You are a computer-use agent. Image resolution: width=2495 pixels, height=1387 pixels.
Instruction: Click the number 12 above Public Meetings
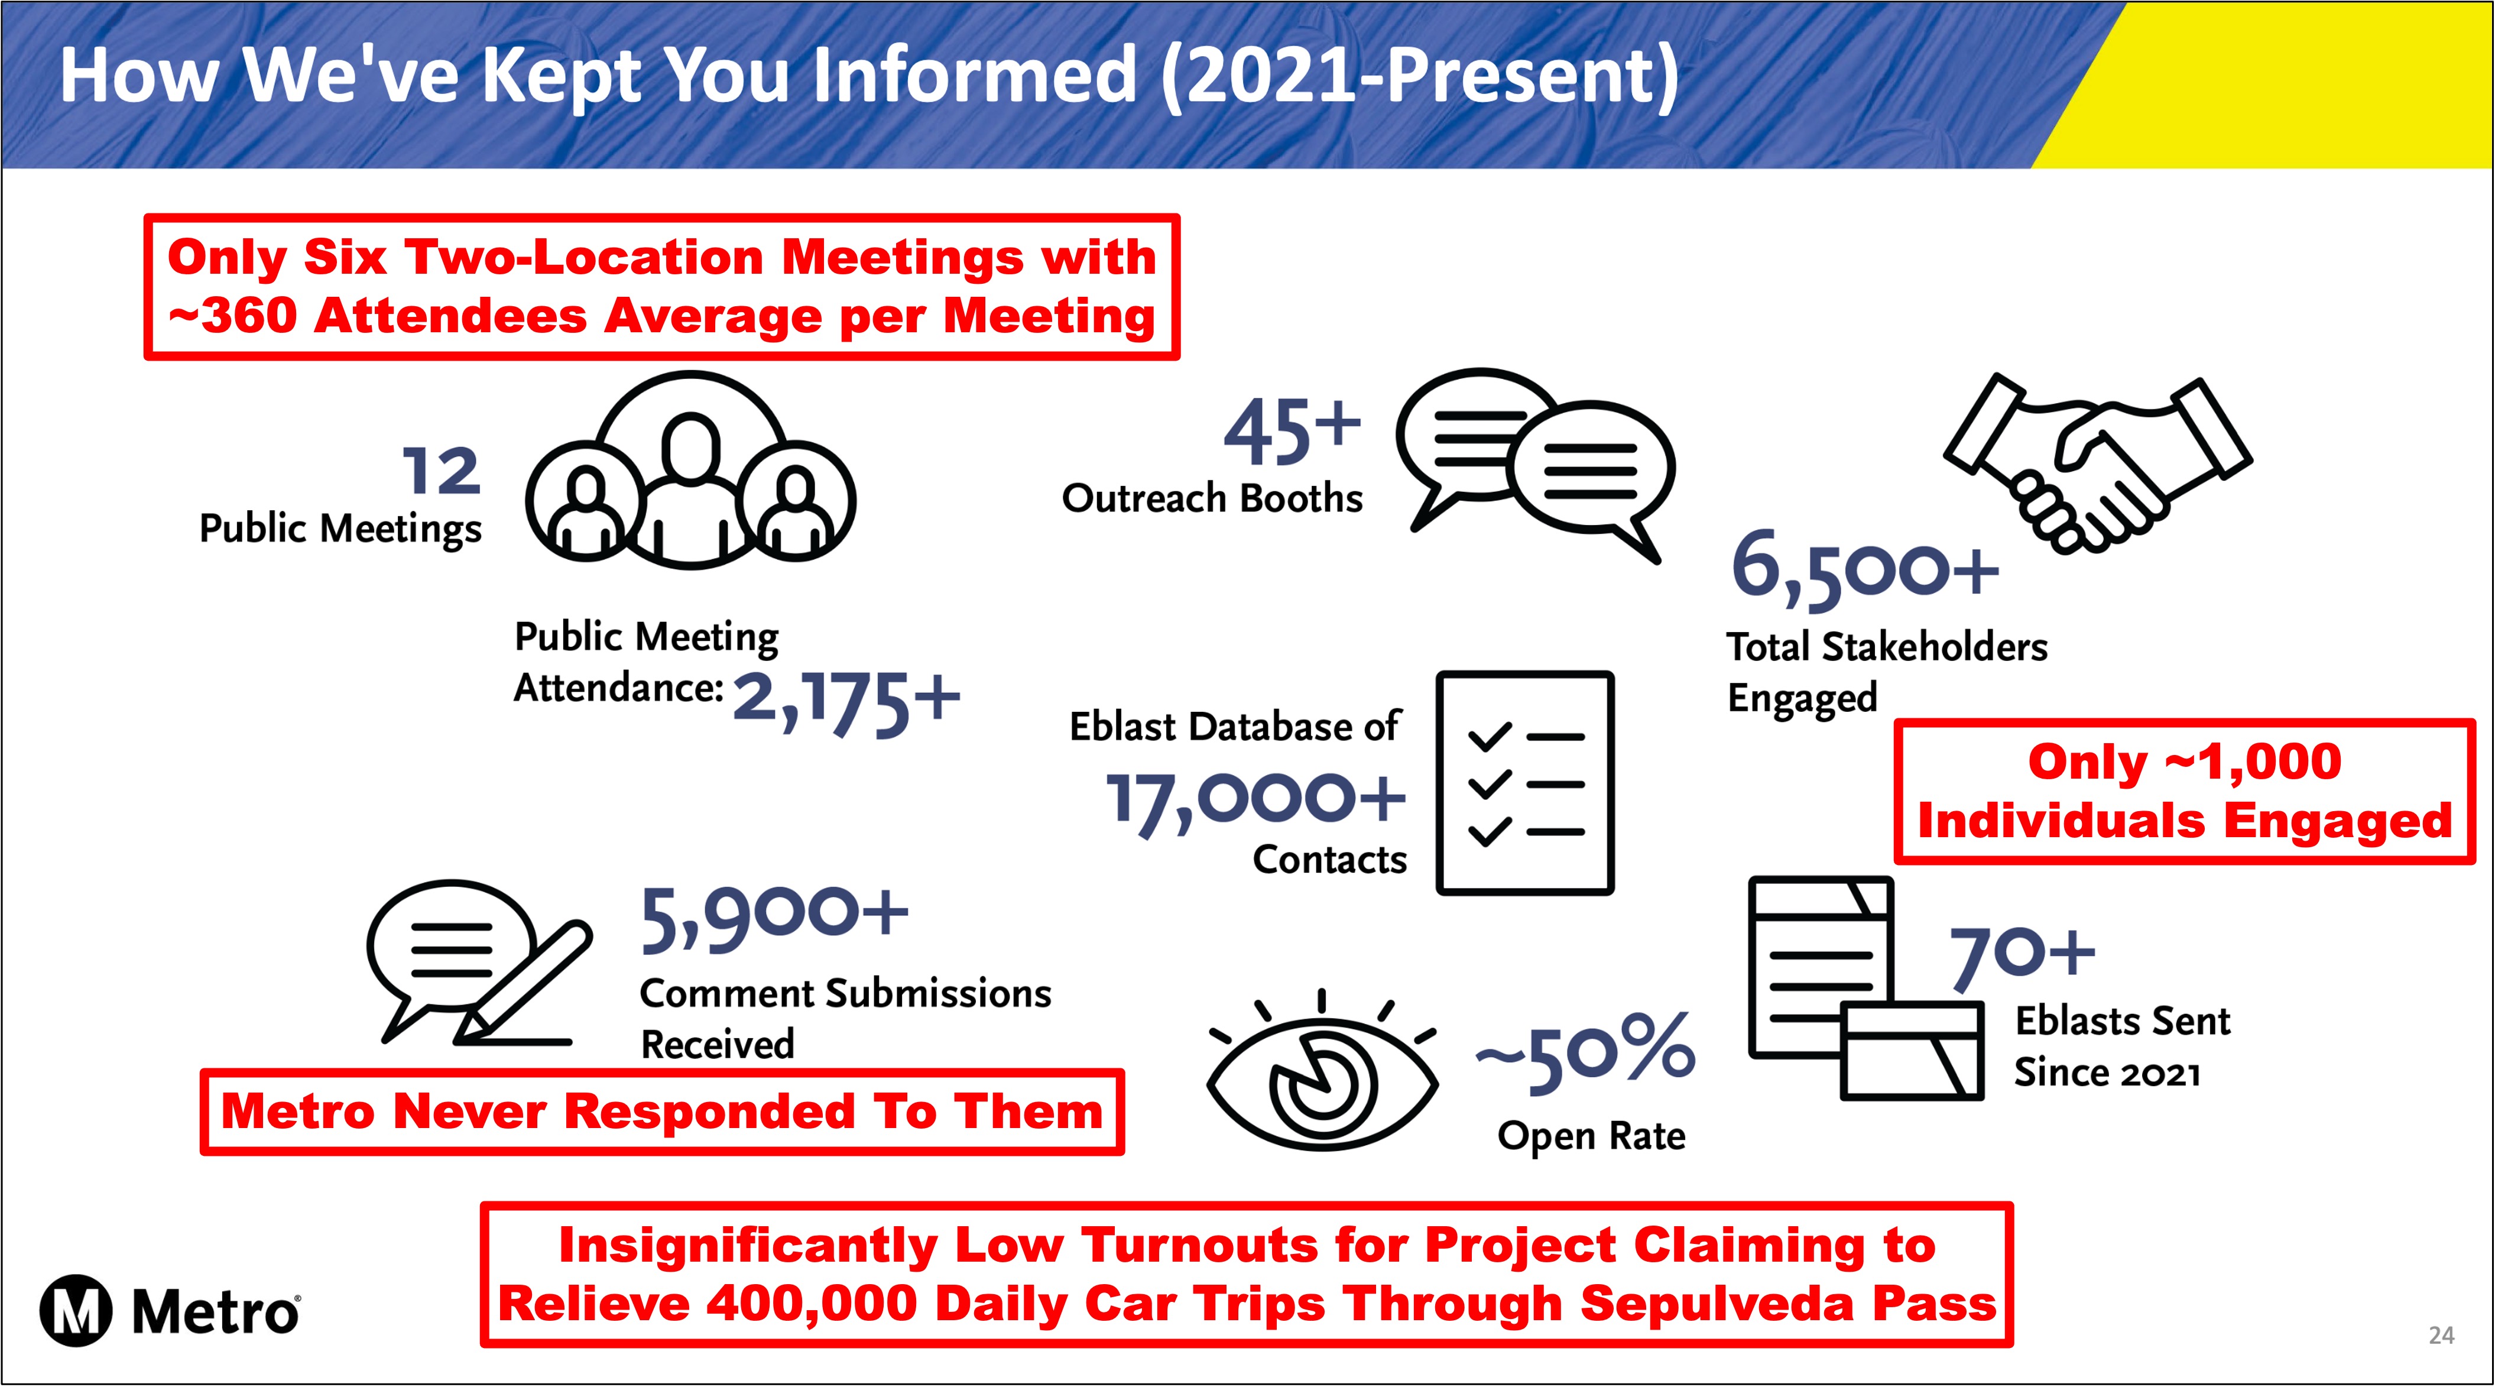pos(442,472)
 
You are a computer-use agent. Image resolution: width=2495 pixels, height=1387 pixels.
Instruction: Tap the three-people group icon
pos(690,470)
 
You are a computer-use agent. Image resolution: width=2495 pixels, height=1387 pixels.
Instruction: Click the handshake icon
pos(2098,463)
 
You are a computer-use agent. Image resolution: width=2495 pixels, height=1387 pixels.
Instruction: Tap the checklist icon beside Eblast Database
pos(1524,783)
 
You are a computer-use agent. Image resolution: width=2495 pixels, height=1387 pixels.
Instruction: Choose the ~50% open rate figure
pos(1585,1053)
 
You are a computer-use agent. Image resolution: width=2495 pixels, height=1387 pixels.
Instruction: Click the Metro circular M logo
pos(76,1311)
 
